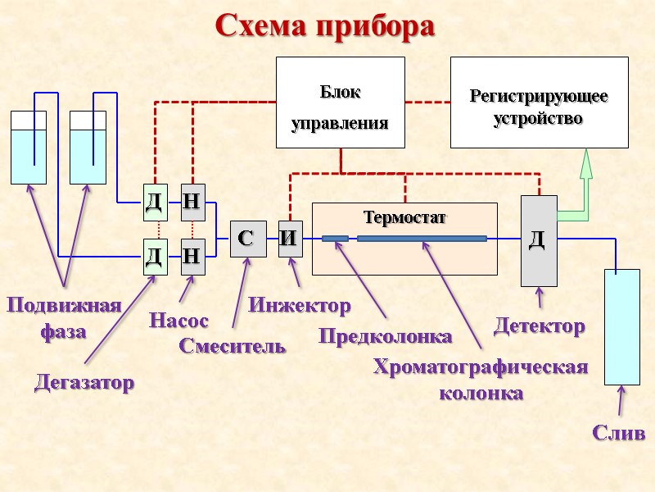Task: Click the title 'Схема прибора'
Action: tap(325, 25)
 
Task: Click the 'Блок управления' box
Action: tap(340, 102)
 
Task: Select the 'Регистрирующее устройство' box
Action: tap(539, 102)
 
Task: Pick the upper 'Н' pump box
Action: tap(192, 202)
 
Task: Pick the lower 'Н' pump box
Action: tap(192, 256)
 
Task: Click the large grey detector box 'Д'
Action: tap(539, 240)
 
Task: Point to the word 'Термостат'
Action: tap(405, 218)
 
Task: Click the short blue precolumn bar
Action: tap(335, 239)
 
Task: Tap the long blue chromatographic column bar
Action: tap(422, 239)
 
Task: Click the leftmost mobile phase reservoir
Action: tap(28, 148)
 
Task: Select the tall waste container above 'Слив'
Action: tap(621, 326)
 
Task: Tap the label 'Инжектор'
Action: tap(299, 306)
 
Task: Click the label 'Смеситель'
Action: tap(233, 345)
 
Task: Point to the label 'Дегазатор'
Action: tap(84, 382)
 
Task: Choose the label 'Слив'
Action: tap(618, 433)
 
